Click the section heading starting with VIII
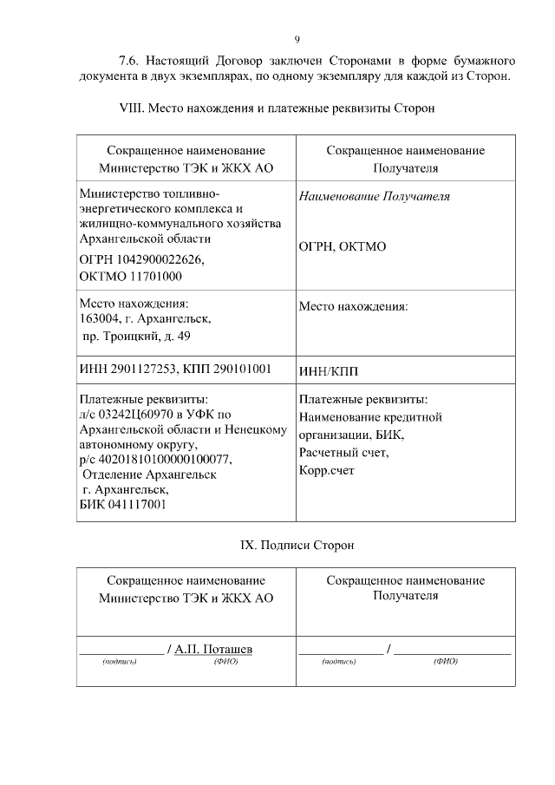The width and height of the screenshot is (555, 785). (x=276, y=108)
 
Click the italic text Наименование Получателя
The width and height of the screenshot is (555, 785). (x=374, y=197)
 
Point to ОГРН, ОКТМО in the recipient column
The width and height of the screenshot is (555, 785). (x=343, y=246)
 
